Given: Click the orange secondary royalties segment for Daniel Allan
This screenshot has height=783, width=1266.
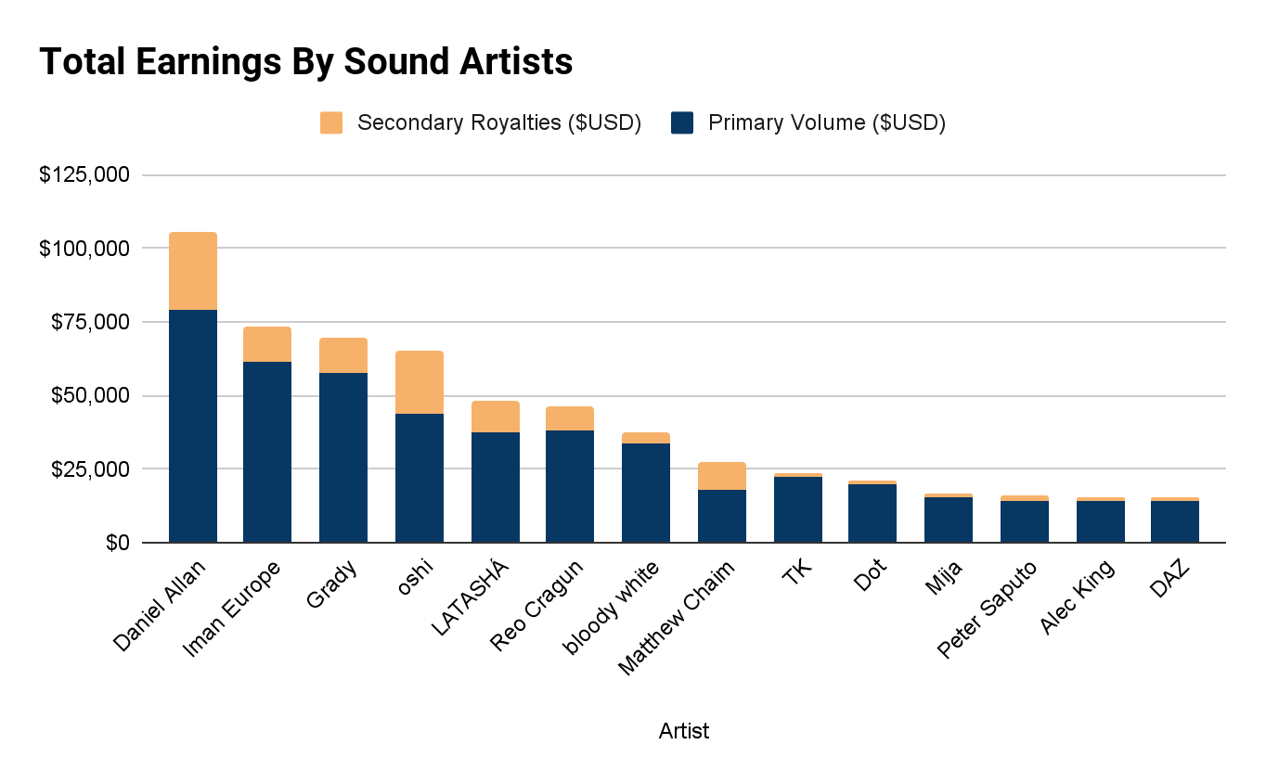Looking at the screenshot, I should coord(193,271).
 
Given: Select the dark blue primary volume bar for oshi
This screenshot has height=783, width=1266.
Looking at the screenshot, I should coord(420,478).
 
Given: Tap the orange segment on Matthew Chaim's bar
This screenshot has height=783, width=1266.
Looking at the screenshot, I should coord(722,476).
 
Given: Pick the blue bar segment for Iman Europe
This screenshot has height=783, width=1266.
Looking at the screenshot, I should coord(267,452).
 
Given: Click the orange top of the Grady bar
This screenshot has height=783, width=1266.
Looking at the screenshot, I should coord(343,355).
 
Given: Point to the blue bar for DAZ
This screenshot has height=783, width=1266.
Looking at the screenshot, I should coord(1175,521).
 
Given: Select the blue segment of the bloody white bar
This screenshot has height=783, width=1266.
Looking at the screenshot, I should coord(646,493).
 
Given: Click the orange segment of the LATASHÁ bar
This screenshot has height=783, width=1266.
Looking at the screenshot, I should coord(496,417).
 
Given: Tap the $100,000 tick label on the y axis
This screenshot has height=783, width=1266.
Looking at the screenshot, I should coord(84,249).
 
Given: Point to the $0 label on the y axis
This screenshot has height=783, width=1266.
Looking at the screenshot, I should coord(117,543).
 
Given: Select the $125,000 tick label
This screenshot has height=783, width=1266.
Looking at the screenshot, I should coord(84,175).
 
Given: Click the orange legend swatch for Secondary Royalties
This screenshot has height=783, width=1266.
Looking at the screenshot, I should coord(331,122).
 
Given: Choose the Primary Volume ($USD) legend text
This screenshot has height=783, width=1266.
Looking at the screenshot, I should coord(826,122).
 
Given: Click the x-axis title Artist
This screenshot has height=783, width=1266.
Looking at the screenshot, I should coord(684,731).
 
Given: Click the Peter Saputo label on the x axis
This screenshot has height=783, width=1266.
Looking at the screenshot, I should coord(988,609).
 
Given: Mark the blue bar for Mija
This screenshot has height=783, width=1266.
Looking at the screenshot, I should coord(949,520).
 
